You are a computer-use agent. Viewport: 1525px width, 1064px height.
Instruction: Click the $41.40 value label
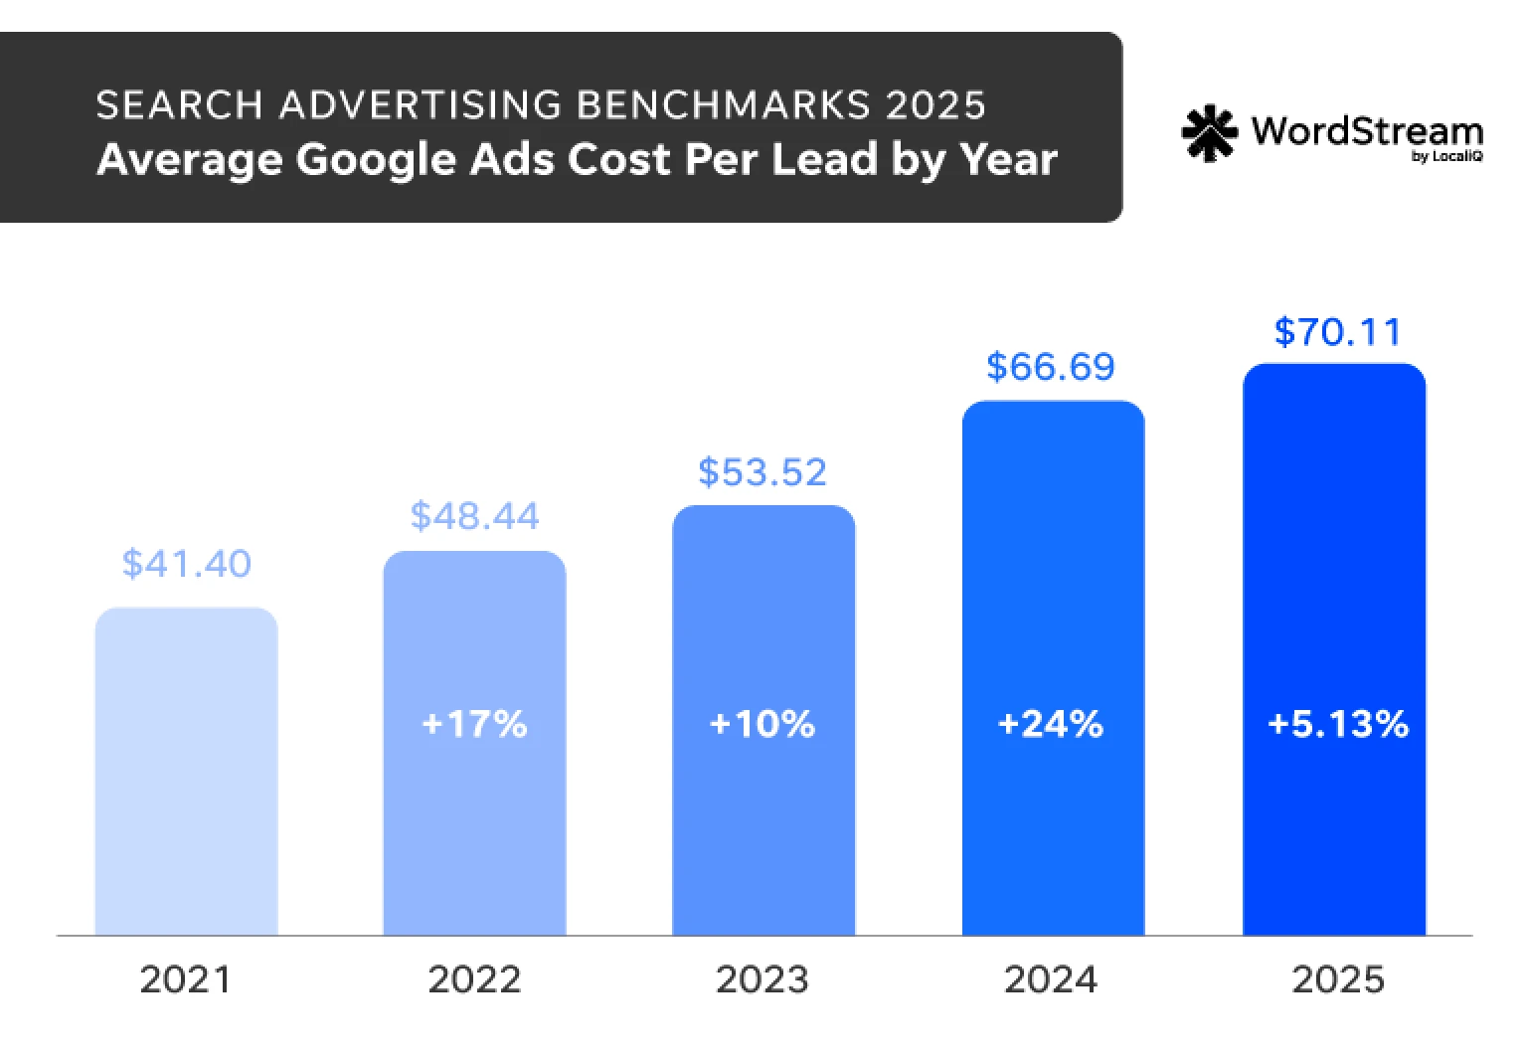point(186,564)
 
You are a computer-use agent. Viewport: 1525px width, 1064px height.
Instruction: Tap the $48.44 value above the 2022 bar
point(474,516)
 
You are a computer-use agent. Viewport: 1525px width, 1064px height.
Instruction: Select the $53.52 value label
point(762,472)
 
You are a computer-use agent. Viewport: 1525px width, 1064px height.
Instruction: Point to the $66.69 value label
point(1051,367)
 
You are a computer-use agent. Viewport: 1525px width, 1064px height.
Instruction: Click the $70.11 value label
point(1337,332)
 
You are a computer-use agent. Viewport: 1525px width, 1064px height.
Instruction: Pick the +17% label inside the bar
point(474,724)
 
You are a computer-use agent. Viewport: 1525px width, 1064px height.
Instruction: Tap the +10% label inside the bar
point(762,724)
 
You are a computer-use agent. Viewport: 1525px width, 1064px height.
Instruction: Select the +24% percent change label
point(1051,724)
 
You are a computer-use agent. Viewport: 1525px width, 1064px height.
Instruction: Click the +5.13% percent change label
point(1337,724)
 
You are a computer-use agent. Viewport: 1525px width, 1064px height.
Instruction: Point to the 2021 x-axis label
point(186,980)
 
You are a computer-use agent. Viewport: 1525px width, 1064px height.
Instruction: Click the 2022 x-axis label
point(474,980)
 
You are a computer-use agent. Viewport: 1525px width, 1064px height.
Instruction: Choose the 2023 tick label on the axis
point(762,980)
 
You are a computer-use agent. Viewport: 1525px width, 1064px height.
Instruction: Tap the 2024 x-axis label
point(1051,980)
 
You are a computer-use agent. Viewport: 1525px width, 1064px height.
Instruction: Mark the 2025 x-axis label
point(1337,980)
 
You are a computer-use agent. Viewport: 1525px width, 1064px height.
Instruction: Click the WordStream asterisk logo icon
point(1209,133)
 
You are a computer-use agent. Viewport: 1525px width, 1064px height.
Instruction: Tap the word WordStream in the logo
point(1367,130)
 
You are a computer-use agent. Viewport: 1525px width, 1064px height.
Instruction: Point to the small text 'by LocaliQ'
point(1446,156)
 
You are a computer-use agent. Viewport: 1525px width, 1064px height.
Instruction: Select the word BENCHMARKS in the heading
point(725,104)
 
